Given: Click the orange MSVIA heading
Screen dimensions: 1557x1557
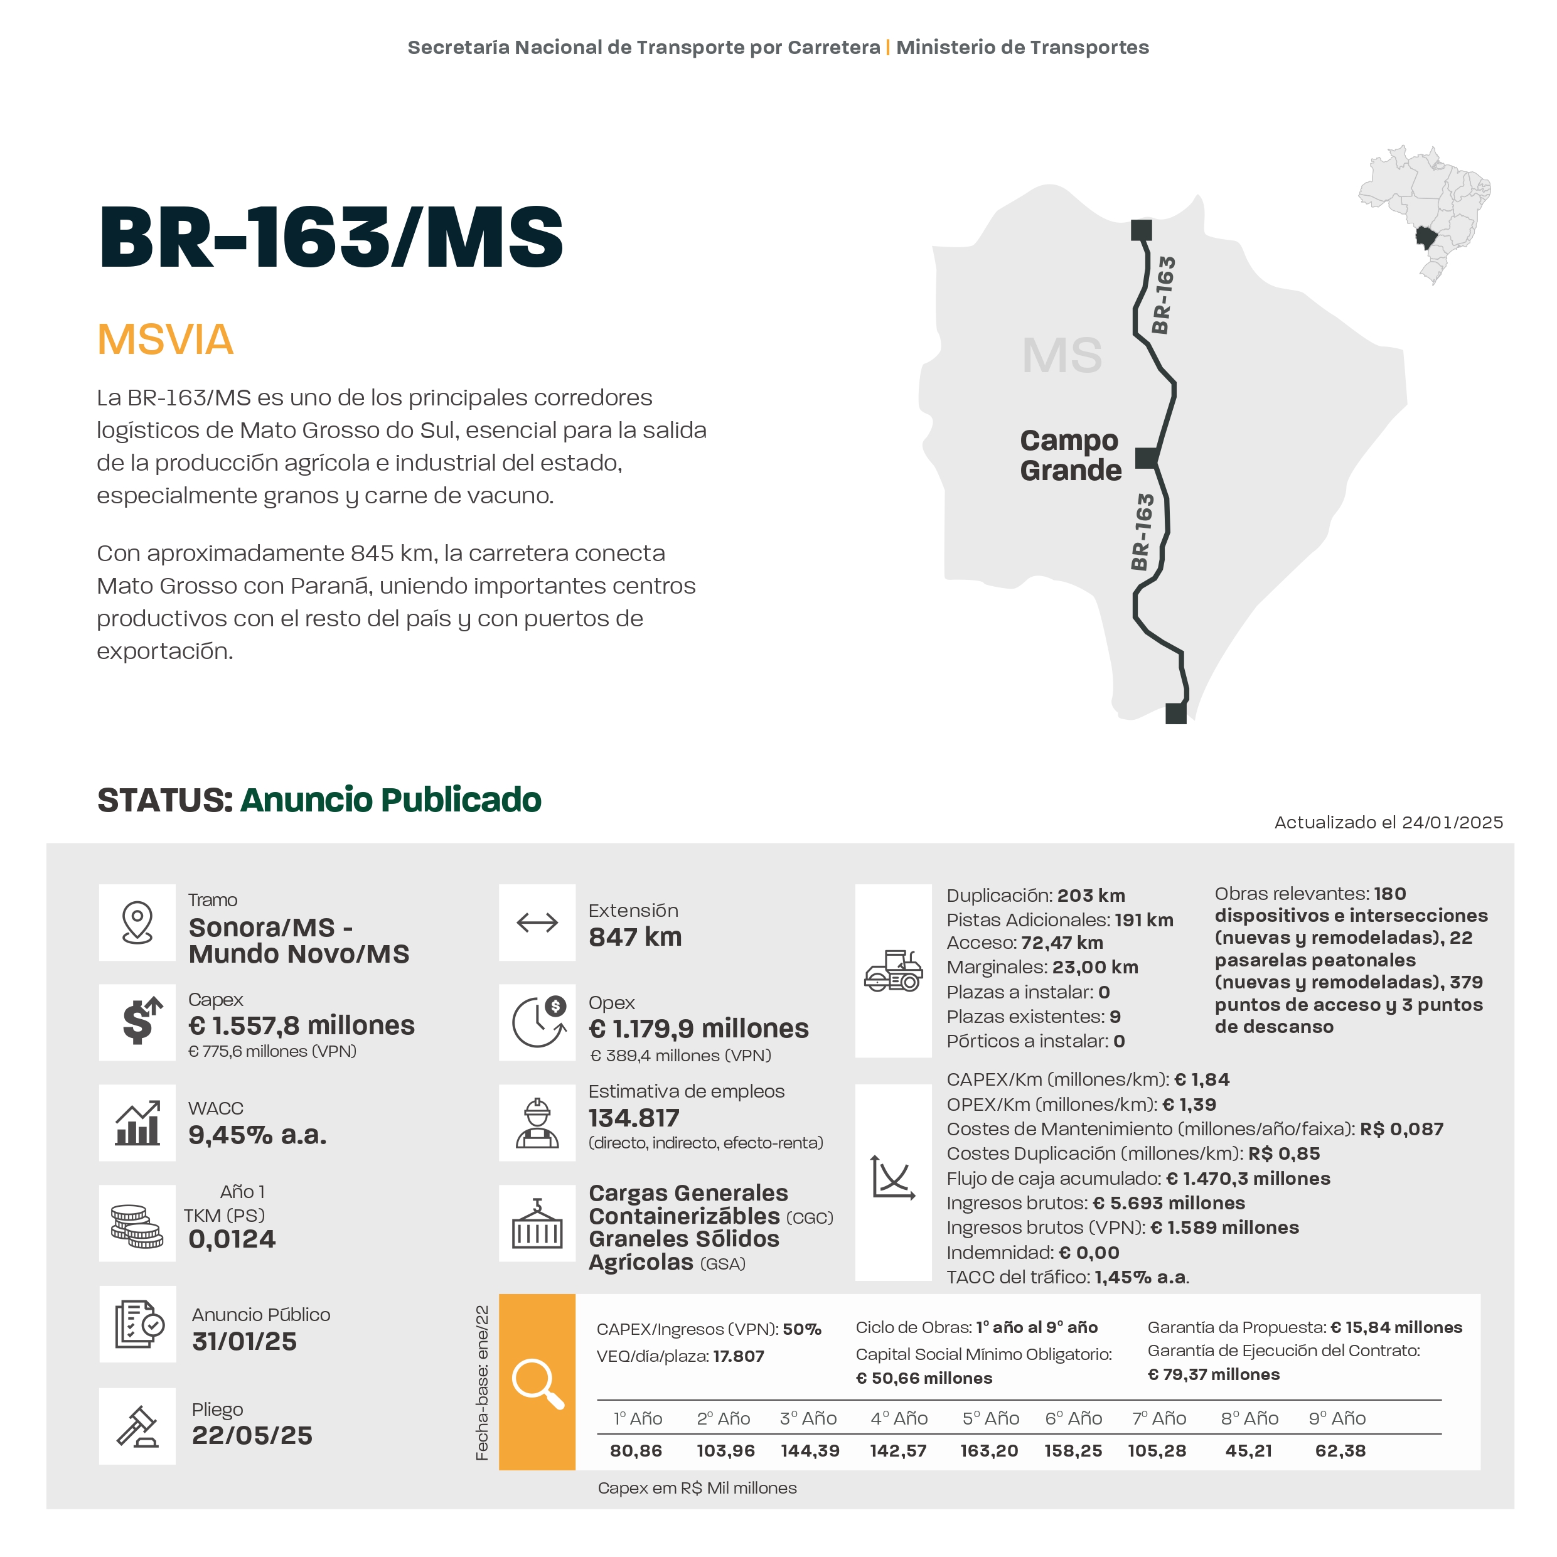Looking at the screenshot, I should (x=165, y=340).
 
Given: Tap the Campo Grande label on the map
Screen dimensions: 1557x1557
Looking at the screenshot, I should (x=1069, y=456).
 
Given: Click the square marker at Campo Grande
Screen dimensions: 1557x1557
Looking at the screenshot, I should (x=1146, y=457).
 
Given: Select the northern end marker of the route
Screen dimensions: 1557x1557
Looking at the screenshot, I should (x=1141, y=230).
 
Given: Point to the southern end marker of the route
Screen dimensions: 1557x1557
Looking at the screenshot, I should (x=1176, y=713).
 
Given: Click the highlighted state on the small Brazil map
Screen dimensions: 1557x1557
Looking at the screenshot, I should (x=1426, y=237).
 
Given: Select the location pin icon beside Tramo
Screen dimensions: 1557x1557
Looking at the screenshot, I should (x=137, y=922).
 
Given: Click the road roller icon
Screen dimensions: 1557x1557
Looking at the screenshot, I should (x=893, y=970).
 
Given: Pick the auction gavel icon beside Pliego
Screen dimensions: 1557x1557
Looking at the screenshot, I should (x=137, y=1426).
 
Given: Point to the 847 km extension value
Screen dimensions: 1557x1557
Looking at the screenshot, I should (x=635, y=937).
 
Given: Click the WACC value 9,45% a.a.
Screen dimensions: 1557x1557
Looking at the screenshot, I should (x=257, y=1135).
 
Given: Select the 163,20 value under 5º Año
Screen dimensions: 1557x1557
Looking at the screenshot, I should (x=989, y=1450).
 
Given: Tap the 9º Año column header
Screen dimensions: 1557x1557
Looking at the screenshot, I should (x=1337, y=1418).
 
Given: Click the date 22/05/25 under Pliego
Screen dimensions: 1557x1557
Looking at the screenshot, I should (x=252, y=1435).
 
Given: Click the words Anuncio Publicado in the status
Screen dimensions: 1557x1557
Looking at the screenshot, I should (x=391, y=800).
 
